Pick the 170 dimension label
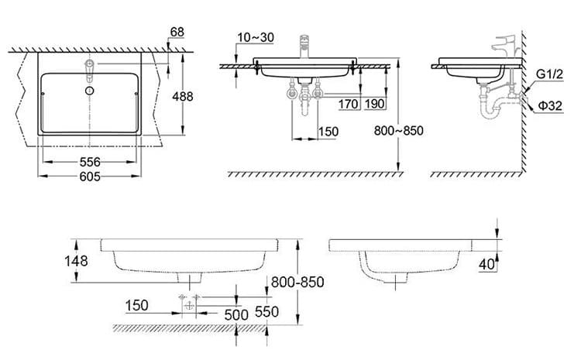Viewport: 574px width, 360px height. pyautogui.click(x=349, y=103)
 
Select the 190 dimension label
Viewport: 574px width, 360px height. pyautogui.click(x=376, y=103)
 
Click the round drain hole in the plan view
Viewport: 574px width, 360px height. pyautogui.click(x=90, y=91)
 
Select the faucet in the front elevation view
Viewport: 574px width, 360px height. pyautogui.click(x=305, y=46)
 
